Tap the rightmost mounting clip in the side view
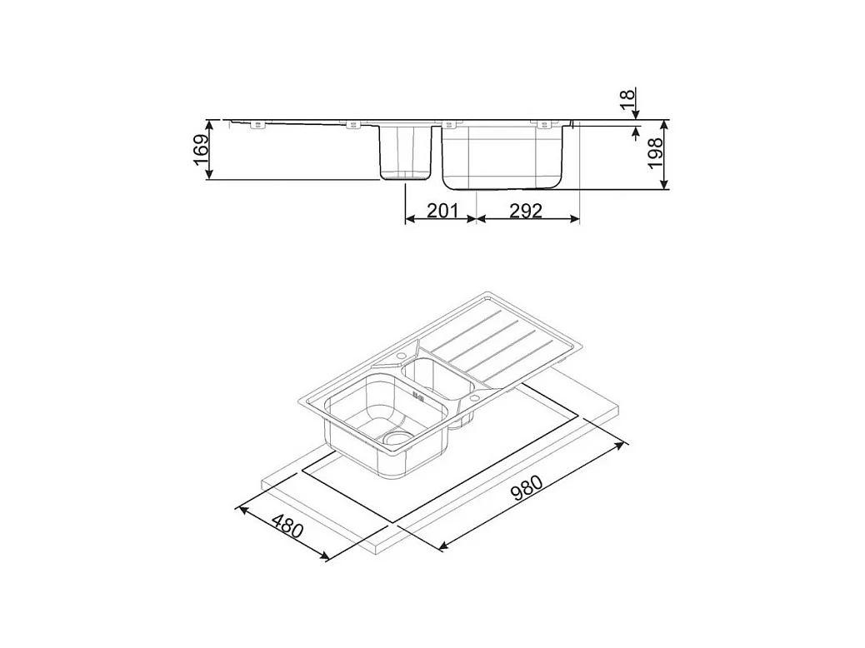545,125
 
